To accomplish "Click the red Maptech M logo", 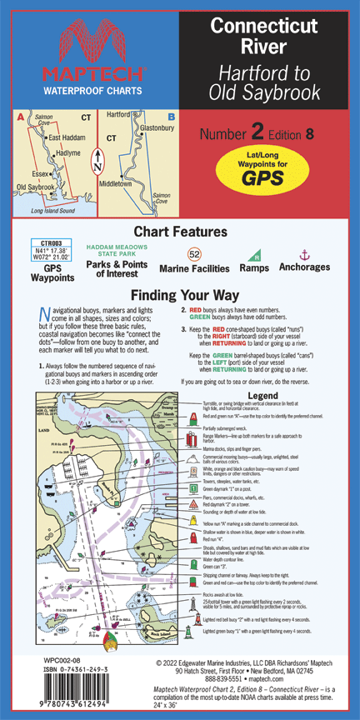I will pos(90,42).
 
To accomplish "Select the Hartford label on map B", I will pos(119,114).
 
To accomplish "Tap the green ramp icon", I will pos(257,254).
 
